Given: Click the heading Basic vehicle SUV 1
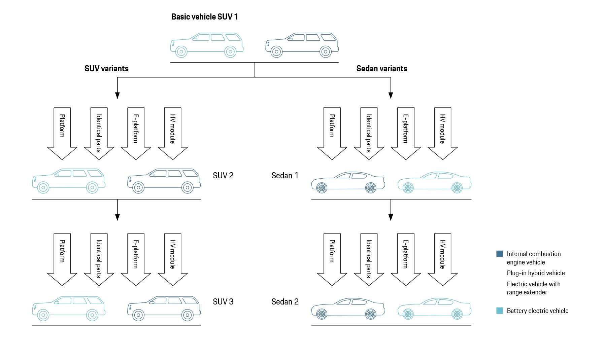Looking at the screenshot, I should point(204,17).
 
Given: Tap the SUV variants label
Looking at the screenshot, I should point(106,69).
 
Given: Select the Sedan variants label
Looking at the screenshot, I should point(381,69).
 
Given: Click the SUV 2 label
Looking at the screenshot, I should point(223,176).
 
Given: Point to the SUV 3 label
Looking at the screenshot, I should point(223,302).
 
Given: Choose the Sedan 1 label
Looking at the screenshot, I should point(285,176).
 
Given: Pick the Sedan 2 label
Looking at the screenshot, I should point(285,302).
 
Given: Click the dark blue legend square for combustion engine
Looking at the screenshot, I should point(500,254).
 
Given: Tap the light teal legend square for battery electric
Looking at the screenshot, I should point(500,311).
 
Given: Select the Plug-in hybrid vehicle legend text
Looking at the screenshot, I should point(536,273).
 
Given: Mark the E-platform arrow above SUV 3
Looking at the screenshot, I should point(136,259).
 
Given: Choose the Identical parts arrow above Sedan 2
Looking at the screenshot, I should point(369,259).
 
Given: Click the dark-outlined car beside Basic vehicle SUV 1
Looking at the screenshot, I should point(302,45).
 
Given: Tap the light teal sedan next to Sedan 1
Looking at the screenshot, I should point(434,182).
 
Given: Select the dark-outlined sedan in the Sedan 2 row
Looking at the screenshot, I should point(348,308).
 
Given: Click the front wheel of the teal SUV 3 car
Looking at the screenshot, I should point(43,315).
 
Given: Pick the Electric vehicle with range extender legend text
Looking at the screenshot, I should point(533,288).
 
